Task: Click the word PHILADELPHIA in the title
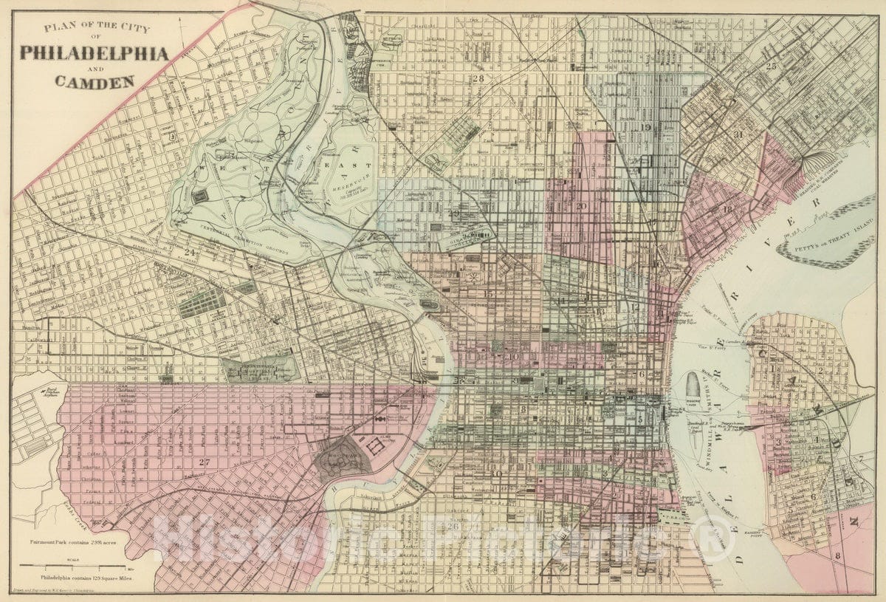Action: [x=94, y=53]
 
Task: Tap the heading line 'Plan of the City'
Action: [x=96, y=29]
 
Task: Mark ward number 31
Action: [x=738, y=134]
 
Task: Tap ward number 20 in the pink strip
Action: [x=582, y=206]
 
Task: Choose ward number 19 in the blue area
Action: [x=646, y=128]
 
